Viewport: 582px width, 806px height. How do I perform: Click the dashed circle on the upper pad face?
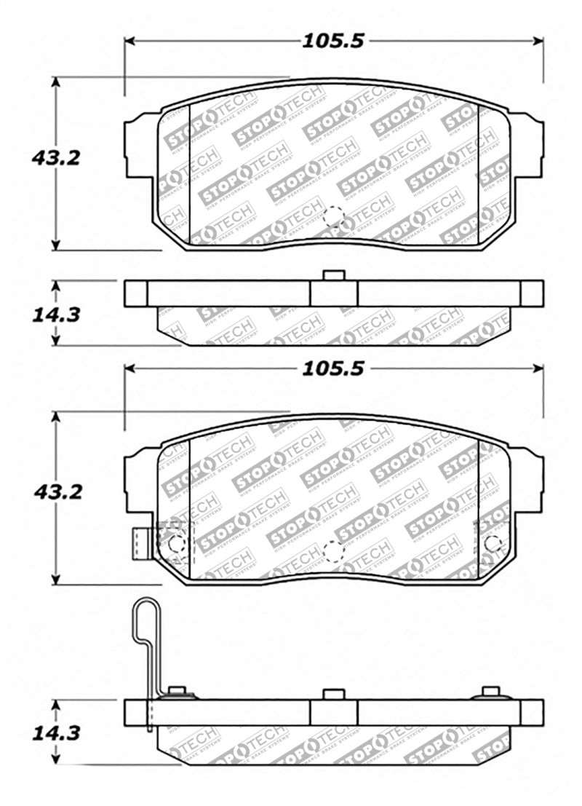click(x=333, y=216)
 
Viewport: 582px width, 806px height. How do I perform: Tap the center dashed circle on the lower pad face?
click(x=333, y=551)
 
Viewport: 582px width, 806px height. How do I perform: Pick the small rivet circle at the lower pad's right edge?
click(x=493, y=543)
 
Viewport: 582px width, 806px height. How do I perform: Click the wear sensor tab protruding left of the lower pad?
click(x=138, y=540)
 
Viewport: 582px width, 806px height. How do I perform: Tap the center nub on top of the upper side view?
click(x=333, y=275)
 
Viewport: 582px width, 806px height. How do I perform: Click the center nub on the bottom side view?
click(x=333, y=693)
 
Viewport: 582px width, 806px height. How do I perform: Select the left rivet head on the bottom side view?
click(x=175, y=692)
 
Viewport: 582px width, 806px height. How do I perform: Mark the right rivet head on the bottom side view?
click(x=491, y=692)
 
